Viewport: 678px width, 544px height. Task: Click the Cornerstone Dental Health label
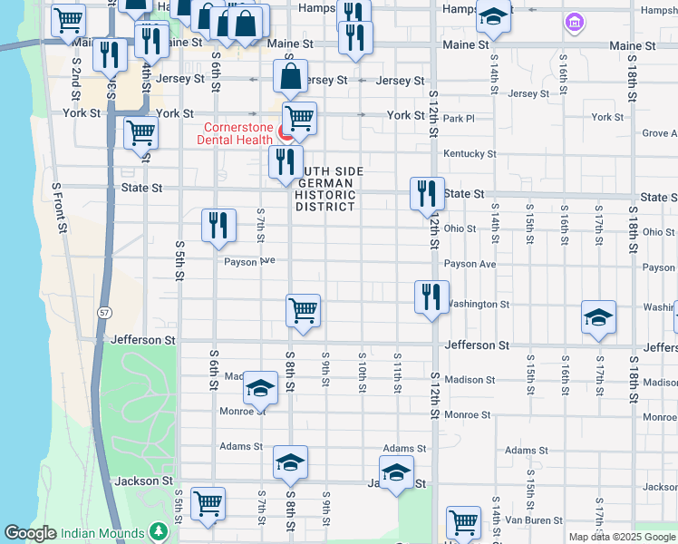pos(237,133)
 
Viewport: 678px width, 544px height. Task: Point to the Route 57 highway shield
pos(105,311)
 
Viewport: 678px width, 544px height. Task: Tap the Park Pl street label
pos(460,119)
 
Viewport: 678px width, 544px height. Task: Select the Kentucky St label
pos(469,154)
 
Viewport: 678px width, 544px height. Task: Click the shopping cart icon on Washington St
pos(303,311)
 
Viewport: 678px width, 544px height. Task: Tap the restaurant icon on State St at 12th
pos(427,193)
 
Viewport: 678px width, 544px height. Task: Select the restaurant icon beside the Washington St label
pos(431,296)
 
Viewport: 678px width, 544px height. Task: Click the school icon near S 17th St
pos(598,317)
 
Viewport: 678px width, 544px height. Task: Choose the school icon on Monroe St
pos(260,388)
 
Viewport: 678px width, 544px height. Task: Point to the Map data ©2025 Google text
pos(622,537)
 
